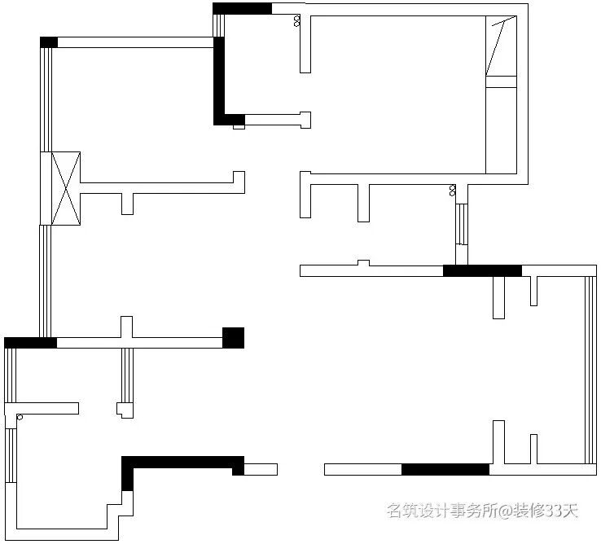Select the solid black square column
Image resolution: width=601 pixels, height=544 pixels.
(x=234, y=337)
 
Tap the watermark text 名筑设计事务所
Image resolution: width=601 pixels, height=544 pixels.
(x=441, y=511)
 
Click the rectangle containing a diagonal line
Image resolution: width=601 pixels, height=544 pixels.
(x=501, y=46)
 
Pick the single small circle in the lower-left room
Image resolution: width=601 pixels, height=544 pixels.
(x=19, y=417)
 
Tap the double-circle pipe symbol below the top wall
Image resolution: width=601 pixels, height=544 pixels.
(x=297, y=20)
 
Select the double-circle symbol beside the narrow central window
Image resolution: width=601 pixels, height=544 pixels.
(x=453, y=191)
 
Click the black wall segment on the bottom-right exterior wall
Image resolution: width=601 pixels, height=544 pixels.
(x=445, y=469)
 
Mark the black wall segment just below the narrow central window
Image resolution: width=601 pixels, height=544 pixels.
(x=482, y=270)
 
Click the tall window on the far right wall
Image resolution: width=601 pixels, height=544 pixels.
(x=591, y=370)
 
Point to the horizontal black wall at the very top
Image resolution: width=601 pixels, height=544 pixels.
(x=242, y=9)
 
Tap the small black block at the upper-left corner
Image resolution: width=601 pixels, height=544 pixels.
(x=49, y=42)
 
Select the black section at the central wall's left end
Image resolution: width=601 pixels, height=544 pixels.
(x=30, y=342)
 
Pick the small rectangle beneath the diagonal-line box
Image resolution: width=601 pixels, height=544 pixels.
(x=501, y=81)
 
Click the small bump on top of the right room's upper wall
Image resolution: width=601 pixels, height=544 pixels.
(x=363, y=262)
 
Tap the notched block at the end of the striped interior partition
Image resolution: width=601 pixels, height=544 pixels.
(x=125, y=409)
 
